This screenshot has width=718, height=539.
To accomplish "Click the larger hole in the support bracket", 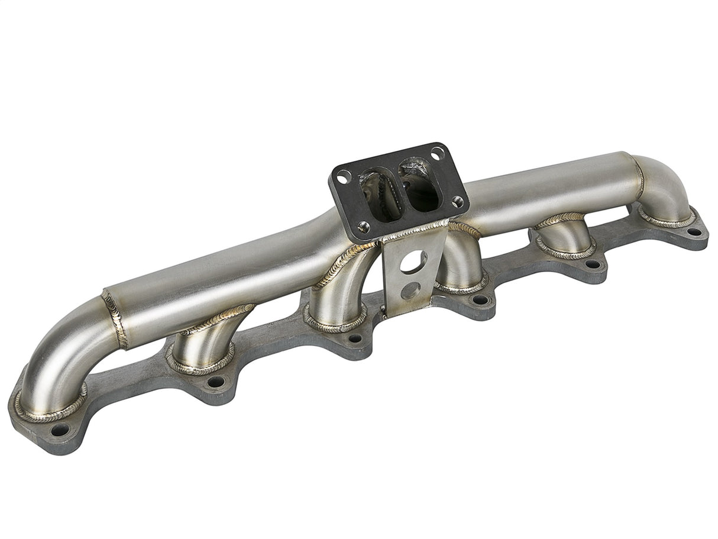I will (413, 261).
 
